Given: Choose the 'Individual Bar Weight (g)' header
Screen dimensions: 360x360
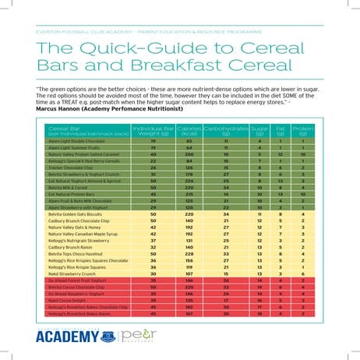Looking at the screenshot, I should point(152,129).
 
